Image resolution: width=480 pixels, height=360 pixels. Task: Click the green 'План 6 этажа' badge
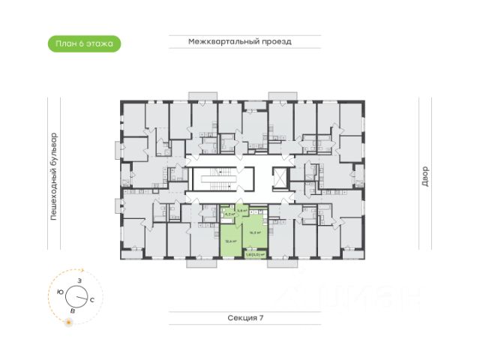(x=83, y=43)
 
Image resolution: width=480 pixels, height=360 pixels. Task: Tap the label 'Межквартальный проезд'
(x=239, y=42)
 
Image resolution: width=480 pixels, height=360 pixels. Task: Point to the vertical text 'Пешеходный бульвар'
(x=53, y=177)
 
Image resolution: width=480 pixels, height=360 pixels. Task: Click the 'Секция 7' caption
(x=246, y=318)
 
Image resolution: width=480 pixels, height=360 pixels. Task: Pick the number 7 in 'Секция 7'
(x=262, y=318)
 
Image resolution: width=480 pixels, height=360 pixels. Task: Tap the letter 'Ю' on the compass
(x=59, y=292)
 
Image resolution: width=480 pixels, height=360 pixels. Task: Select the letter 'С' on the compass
(x=91, y=299)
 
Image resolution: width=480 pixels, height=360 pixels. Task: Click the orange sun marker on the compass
(x=69, y=322)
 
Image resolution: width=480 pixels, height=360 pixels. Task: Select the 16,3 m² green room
(x=255, y=232)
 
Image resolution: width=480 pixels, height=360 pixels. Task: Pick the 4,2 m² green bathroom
(x=226, y=214)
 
